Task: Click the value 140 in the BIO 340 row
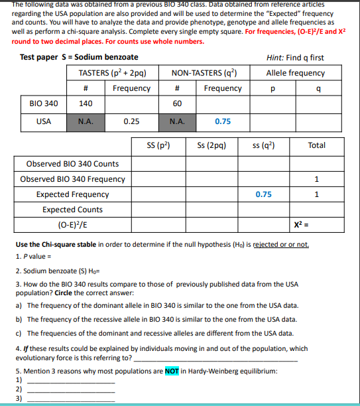click(x=86, y=104)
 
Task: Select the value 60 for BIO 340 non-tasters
click(x=177, y=104)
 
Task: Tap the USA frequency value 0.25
click(x=131, y=121)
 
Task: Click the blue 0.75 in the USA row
click(x=223, y=121)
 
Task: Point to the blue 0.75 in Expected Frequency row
click(x=263, y=194)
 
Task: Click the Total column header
click(x=316, y=145)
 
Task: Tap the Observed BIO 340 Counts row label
click(x=72, y=163)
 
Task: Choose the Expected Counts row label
click(x=72, y=209)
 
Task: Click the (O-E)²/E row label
click(x=72, y=224)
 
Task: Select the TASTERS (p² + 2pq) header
click(x=112, y=73)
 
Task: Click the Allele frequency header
click(x=295, y=73)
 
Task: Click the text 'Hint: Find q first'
click(x=295, y=58)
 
